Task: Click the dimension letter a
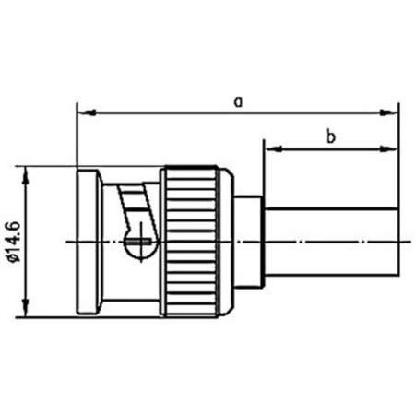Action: tap(238, 102)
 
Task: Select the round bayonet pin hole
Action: tap(136, 242)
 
